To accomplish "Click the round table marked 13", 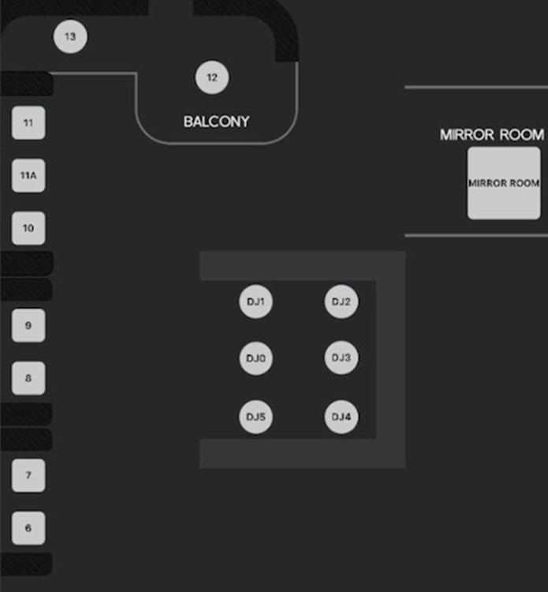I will click(x=70, y=37).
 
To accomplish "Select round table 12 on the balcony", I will click(x=211, y=77).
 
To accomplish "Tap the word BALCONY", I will click(x=216, y=122).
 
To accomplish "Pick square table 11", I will click(x=28, y=123).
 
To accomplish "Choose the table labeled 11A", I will click(x=28, y=175).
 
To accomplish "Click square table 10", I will click(x=28, y=228).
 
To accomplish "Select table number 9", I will click(x=28, y=325).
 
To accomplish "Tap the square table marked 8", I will click(x=28, y=378).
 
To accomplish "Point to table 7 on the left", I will click(x=28, y=475).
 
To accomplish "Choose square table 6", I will click(x=28, y=528).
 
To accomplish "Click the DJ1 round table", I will click(x=255, y=302).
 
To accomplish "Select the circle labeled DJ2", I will click(x=341, y=302).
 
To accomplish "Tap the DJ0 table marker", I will click(x=255, y=358).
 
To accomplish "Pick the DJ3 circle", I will click(x=341, y=358).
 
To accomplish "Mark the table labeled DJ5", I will click(x=255, y=417).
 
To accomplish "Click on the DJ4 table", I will click(x=341, y=417).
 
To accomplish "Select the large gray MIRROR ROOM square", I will click(x=504, y=183).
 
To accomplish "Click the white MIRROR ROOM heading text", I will click(x=491, y=135).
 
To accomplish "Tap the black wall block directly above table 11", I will click(x=26, y=84).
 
